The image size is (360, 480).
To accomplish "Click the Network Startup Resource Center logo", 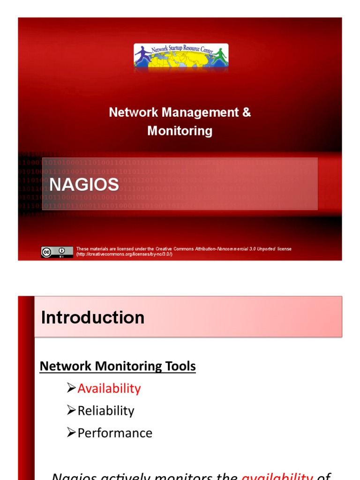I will pyautogui.click(x=181, y=57).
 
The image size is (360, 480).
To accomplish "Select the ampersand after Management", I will pyautogui.click(x=247, y=112).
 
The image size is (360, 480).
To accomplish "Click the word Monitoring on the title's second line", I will pyautogui.click(x=180, y=131).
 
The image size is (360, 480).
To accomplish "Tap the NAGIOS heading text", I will pyautogui.click(x=84, y=185).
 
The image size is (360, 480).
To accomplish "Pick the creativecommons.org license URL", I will pyautogui.click(x=124, y=254).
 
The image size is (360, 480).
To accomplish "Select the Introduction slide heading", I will pyautogui.click(x=93, y=317).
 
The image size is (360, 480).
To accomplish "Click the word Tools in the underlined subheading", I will pyautogui.click(x=180, y=366).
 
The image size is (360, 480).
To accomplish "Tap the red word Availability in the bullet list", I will pyautogui.click(x=109, y=389).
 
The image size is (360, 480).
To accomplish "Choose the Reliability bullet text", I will pyautogui.click(x=106, y=411).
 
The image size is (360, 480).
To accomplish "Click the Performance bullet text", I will pyautogui.click(x=115, y=433).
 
